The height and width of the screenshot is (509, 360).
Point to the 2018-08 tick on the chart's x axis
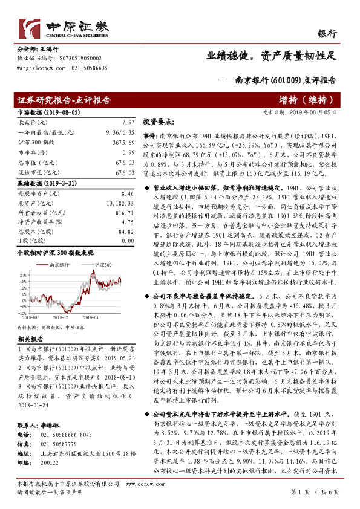click(x=31, y=316)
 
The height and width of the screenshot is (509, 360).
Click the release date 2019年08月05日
click(x=316, y=112)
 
